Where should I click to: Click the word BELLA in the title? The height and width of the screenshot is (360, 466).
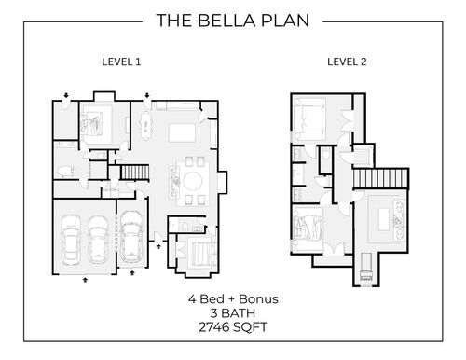(x=227, y=21)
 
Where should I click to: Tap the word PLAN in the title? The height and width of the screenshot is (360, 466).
(x=285, y=21)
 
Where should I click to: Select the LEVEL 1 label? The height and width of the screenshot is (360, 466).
(x=121, y=62)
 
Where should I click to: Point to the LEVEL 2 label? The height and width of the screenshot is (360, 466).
(x=347, y=62)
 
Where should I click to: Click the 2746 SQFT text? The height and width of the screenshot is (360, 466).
(x=233, y=327)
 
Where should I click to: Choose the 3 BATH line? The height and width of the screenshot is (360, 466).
(x=233, y=313)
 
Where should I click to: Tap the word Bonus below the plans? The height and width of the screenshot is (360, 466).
(x=258, y=299)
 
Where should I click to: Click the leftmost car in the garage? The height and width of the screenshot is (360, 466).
(x=71, y=240)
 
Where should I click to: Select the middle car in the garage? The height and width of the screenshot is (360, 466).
(x=98, y=240)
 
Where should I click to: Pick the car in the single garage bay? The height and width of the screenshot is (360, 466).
(x=131, y=237)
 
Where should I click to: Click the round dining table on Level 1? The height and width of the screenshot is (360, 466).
(x=193, y=181)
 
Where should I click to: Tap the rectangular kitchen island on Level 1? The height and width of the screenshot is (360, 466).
(x=182, y=132)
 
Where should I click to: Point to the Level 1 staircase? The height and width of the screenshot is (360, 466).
(x=135, y=173)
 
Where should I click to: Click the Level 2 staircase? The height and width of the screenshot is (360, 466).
(x=380, y=178)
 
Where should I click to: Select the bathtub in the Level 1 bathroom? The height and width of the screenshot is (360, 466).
(x=66, y=172)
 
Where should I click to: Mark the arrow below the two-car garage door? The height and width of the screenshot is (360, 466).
(x=85, y=280)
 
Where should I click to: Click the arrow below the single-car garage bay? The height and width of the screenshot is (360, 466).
(x=132, y=273)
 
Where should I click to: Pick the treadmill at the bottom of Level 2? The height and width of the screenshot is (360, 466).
(x=366, y=268)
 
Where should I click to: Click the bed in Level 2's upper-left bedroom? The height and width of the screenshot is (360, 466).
(x=309, y=119)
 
